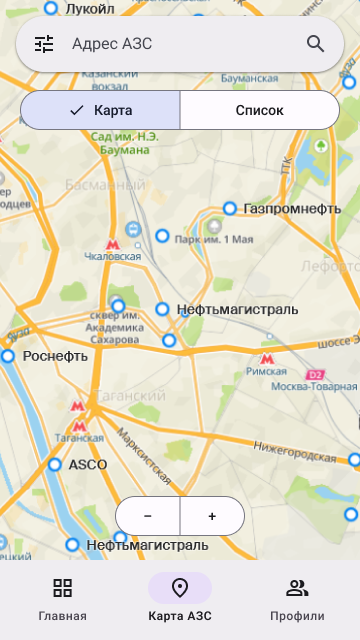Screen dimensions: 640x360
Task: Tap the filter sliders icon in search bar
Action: click(x=44, y=44)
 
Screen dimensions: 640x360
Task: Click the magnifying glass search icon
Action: click(x=315, y=44)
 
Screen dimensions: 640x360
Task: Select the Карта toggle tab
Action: click(x=101, y=111)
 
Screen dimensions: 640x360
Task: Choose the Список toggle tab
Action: click(x=259, y=111)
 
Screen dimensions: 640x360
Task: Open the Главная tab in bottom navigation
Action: click(x=63, y=599)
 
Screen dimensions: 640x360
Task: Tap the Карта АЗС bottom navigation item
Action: click(x=180, y=599)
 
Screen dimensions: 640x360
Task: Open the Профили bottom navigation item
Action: click(x=297, y=599)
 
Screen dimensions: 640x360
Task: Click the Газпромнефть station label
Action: click(x=292, y=209)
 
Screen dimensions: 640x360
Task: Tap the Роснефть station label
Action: click(x=55, y=356)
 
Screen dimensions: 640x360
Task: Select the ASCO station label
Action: click(x=87, y=465)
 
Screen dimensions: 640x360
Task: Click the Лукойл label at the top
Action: click(x=89, y=8)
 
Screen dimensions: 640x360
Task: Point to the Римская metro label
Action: click(x=266, y=369)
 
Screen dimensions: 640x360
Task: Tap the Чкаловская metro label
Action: click(x=113, y=256)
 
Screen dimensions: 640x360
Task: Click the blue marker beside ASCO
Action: click(x=55, y=465)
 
